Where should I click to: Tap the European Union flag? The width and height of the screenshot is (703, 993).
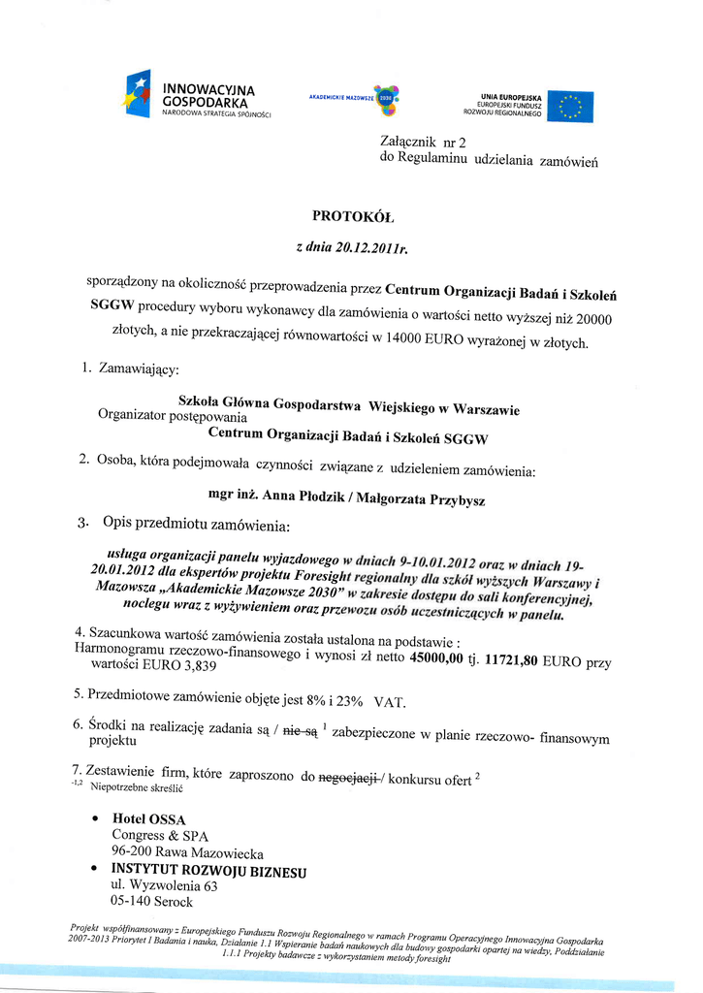pos(570,107)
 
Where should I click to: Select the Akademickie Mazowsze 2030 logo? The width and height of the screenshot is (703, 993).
pos(353,99)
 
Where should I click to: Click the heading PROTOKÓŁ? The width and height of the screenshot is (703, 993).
pos(353,215)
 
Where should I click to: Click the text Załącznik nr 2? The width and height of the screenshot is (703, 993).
pos(424,143)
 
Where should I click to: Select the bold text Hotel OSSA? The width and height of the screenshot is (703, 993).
pos(149,819)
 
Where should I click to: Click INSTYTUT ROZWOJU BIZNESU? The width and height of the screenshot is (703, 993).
pos(208,870)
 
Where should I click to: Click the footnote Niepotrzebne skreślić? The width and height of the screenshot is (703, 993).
pos(137,788)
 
